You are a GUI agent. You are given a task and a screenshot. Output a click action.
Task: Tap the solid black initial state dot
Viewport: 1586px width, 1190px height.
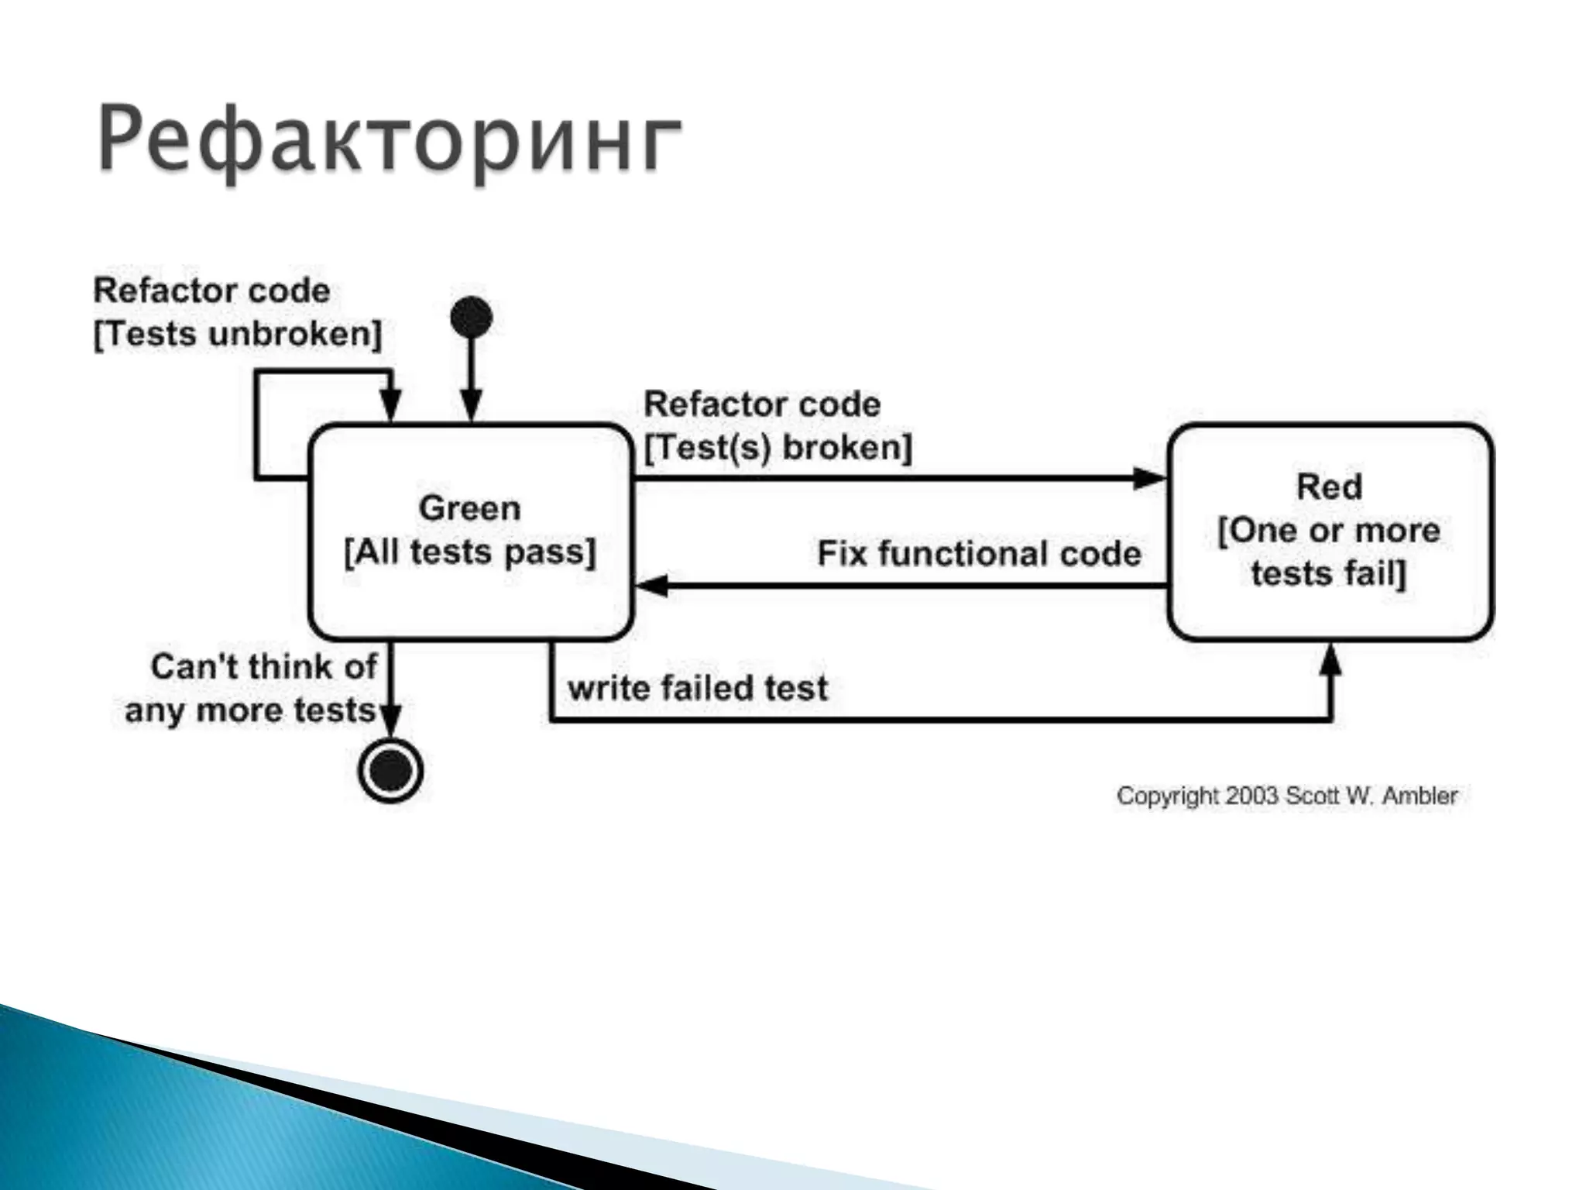click(471, 318)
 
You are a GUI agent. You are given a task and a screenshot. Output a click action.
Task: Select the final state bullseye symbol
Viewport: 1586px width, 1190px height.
click(391, 771)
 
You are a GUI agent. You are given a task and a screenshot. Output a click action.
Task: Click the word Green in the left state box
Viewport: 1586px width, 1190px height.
click(469, 509)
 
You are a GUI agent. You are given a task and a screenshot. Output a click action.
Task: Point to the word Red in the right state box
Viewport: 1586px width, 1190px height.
click(1329, 487)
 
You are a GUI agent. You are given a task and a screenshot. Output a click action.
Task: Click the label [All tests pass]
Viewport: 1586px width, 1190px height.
click(469, 552)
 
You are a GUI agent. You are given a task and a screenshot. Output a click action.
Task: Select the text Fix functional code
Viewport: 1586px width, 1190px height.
click(979, 554)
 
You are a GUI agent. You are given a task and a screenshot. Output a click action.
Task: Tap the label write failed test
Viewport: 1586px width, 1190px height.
click(698, 688)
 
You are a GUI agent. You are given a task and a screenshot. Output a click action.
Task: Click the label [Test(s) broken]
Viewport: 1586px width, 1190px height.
click(778, 448)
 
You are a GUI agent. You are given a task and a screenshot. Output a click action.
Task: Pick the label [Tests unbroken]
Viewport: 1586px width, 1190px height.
click(238, 335)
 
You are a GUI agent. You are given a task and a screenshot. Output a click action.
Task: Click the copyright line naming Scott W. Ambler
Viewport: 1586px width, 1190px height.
click(1287, 796)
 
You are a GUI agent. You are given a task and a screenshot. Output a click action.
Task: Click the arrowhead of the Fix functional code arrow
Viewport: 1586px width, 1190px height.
click(651, 586)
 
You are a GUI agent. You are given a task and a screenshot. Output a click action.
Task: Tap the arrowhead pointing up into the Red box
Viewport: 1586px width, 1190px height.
click(1330, 661)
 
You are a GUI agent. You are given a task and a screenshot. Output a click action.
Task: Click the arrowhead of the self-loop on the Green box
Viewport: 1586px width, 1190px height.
click(391, 404)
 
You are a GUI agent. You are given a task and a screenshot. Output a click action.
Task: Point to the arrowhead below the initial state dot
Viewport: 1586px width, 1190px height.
click(471, 404)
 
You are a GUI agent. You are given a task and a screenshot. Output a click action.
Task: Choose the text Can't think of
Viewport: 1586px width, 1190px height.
click(263, 667)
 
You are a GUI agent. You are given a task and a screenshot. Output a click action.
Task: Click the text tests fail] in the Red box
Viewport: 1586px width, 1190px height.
click(1328, 574)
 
